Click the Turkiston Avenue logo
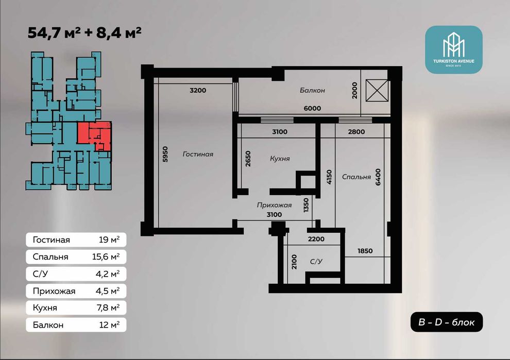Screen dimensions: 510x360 pos(454,49)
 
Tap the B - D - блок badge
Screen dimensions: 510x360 pos(446,322)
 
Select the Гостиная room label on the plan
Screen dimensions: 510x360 pos(198,154)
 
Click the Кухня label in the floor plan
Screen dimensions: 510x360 pos(280,159)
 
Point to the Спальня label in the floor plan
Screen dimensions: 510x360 pos(356,177)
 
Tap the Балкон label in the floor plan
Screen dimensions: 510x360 pos(312,91)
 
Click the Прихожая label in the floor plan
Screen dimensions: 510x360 pos(274,205)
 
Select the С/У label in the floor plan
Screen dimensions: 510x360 pos(316,262)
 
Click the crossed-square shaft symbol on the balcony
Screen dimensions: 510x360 pos(377,91)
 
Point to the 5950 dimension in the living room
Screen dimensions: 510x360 pos(165,154)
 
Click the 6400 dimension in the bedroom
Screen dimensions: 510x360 pos(378,177)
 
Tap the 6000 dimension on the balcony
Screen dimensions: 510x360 pos(312,108)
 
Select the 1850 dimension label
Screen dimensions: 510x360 pos(365,251)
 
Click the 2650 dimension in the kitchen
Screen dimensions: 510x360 pos(248,159)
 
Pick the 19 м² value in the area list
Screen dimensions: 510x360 pos(109,239)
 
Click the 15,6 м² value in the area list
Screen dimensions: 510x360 pos(106,257)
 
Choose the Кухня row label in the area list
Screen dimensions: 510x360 pos(45,307)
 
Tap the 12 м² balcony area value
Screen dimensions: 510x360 pos(109,325)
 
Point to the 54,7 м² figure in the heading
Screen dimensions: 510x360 pos(54,32)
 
